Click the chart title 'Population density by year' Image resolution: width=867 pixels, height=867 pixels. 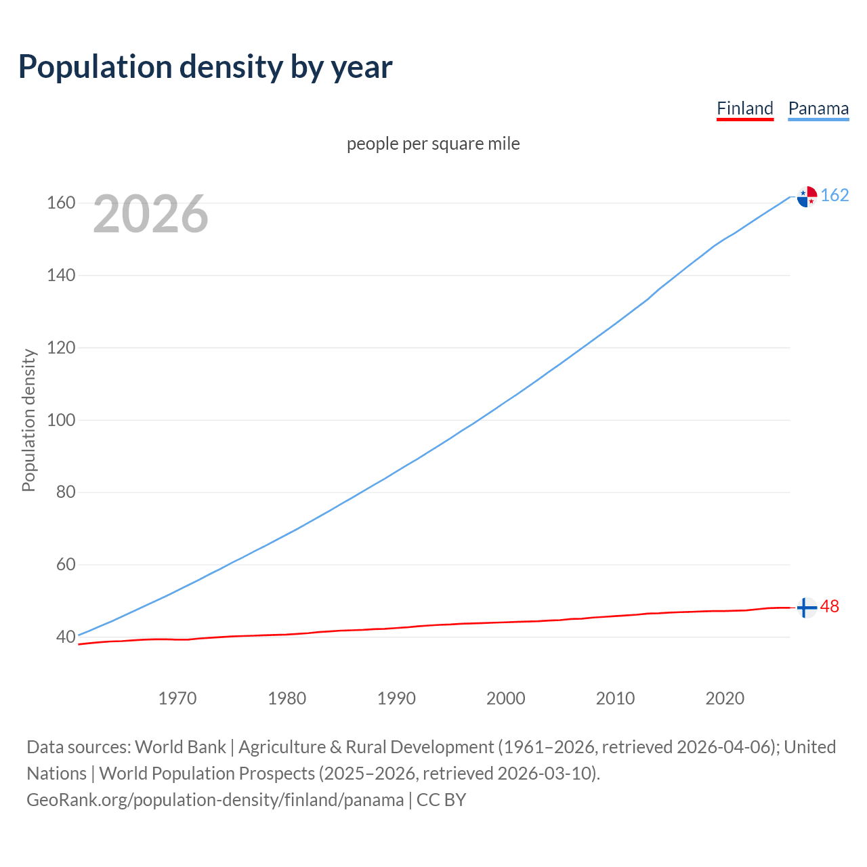coord(205,67)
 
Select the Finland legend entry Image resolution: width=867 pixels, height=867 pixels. coord(744,108)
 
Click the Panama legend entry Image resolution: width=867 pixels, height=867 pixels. coord(818,108)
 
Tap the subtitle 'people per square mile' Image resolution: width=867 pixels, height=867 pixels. coord(433,144)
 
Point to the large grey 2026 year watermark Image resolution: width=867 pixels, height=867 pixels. coord(150,214)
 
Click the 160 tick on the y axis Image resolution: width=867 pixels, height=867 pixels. coord(60,203)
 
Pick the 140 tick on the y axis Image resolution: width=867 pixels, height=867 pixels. coord(60,276)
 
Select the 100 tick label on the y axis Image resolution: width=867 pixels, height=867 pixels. coord(60,420)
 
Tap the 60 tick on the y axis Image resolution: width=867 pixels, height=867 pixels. coord(65,565)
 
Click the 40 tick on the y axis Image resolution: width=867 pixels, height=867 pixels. coord(65,637)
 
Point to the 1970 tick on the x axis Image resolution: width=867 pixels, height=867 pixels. coord(177,698)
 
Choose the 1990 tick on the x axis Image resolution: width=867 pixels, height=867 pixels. coord(396,698)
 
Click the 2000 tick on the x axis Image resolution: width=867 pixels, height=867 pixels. coord(505,698)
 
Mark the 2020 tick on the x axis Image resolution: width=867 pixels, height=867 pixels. coord(725,698)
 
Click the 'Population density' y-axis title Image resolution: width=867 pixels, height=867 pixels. coord(28,420)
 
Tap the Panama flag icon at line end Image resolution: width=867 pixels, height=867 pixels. coord(807,196)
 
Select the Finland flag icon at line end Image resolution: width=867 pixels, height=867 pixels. coord(807,608)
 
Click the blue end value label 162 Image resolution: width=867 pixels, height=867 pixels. coord(834,196)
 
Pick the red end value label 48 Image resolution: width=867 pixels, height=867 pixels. coord(830,607)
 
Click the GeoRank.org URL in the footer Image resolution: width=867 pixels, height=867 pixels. coord(215,800)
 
